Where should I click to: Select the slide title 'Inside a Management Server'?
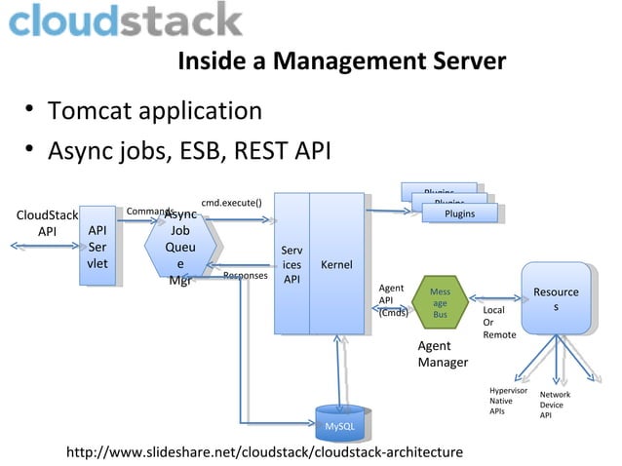point(341,62)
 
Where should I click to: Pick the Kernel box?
point(337,264)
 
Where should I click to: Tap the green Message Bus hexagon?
point(440,302)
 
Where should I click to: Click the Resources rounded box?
point(556,298)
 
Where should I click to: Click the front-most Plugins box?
point(458,213)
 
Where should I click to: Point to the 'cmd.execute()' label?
point(231,203)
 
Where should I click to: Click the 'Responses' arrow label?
point(246,276)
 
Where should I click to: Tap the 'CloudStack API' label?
point(47,223)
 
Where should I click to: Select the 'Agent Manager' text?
point(443,355)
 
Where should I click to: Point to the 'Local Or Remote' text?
point(499,323)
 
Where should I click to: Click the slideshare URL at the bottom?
point(263,452)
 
